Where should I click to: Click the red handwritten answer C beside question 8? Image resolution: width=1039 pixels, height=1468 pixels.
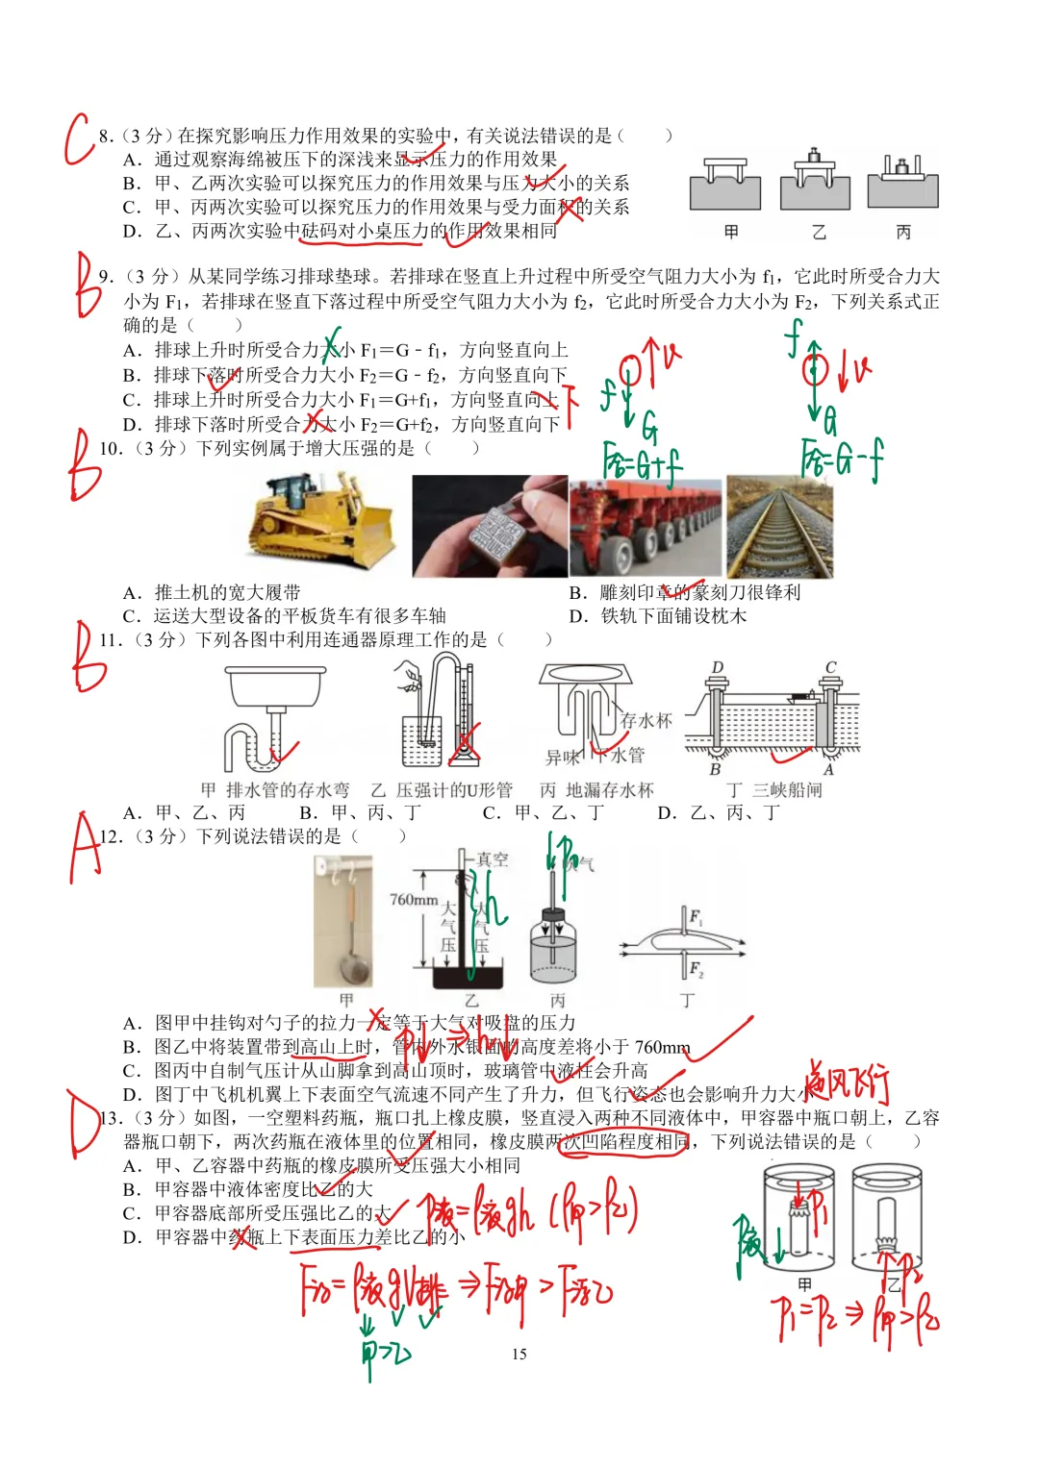[x=79, y=140]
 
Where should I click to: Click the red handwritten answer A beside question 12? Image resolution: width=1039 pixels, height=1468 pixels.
[x=85, y=846]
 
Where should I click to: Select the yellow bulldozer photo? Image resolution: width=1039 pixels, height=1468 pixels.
[x=322, y=524]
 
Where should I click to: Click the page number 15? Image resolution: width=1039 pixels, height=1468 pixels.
[x=519, y=1354]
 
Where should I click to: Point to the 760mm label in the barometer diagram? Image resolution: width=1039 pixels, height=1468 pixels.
[x=413, y=900]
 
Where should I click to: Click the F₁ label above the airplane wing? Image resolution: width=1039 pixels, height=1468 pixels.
[x=695, y=916]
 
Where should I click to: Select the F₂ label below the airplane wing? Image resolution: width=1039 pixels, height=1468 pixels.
[x=695, y=967]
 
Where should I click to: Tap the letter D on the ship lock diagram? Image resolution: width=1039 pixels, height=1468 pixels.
[x=717, y=667]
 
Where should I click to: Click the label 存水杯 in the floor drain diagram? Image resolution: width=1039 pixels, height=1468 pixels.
[x=646, y=720]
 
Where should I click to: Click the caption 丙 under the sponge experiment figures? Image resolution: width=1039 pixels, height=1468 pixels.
[x=902, y=232]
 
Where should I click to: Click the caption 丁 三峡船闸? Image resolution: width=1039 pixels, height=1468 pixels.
[x=774, y=789]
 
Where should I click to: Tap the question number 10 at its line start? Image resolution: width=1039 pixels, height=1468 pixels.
[x=111, y=448]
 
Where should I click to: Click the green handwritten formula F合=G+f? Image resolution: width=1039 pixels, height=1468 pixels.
[x=642, y=463]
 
